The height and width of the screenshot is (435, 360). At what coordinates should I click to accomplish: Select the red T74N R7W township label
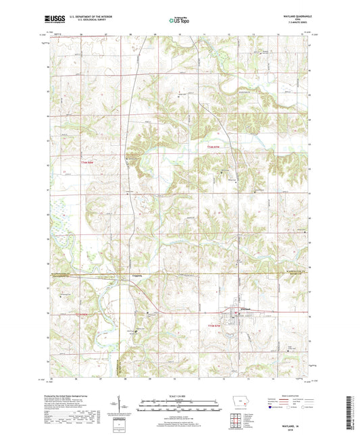(x=214, y=147)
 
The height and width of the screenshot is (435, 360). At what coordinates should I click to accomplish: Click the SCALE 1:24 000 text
(x=180, y=395)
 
